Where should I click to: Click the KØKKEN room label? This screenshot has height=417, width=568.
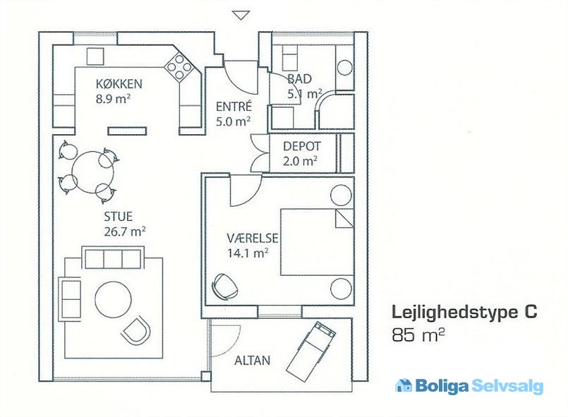pyautogui.click(x=120, y=85)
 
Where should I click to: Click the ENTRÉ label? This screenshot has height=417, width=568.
pyautogui.click(x=234, y=108)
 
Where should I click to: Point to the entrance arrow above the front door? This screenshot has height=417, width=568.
pyautogui.click(x=241, y=14)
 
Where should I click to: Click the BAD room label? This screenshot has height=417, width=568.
pyautogui.click(x=300, y=79)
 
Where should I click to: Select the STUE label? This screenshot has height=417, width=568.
pyautogui.click(x=118, y=217)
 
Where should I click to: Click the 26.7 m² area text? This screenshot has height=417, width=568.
pyautogui.click(x=125, y=231)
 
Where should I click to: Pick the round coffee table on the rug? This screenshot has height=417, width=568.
pyautogui.click(x=113, y=299)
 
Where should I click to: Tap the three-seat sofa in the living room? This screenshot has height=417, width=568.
pyautogui.click(x=113, y=259)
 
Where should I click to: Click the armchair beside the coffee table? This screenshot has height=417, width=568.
pyautogui.click(x=136, y=330)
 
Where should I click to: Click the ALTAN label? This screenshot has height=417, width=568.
pyautogui.click(x=252, y=361)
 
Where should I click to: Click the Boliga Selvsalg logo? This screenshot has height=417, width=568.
pyautogui.click(x=469, y=386)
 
